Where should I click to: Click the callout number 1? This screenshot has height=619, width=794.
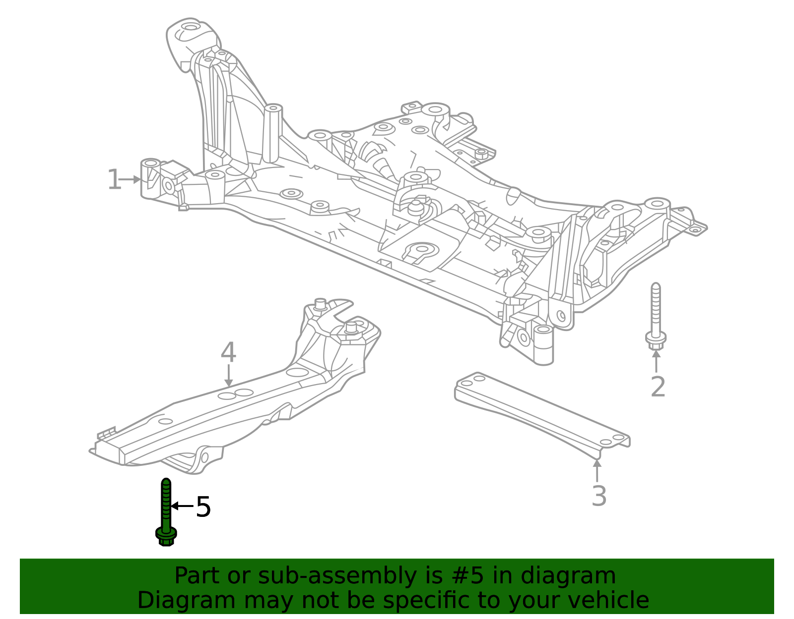[x=114, y=179]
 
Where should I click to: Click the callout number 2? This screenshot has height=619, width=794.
[x=658, y=387]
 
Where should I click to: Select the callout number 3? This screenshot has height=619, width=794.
[x=599, y=496]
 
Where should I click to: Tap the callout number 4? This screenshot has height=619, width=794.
[x=228, y=353]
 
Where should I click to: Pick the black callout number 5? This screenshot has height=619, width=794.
[x=203, y=507]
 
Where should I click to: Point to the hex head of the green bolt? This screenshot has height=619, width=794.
[x=166, y=536]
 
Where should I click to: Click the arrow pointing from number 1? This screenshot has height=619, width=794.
[x=131, y=179]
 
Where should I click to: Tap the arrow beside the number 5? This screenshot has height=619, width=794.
[x=182, y=506]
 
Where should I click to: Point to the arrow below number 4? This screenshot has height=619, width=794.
[x=228, y=376]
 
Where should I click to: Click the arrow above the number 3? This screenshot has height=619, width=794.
[x=597, y=470]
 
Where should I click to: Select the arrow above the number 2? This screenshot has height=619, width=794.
[x=656, y=361]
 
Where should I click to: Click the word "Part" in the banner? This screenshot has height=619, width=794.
[x=197, y=576]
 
